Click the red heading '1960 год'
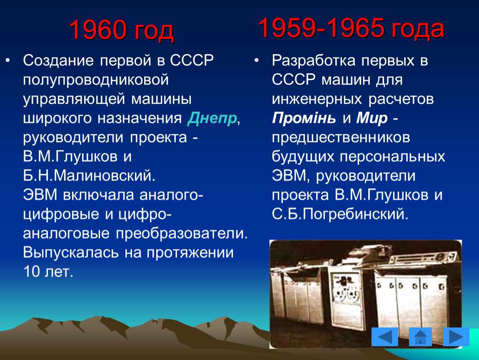121,30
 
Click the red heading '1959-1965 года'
351,28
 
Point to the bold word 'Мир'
372,118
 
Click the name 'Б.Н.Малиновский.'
89,175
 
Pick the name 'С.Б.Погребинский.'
340,214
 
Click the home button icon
420,337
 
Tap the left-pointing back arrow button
384,337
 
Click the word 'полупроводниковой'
96,80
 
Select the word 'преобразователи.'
182,233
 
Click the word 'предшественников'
341,137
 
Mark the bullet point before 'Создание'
7,60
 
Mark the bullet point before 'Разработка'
257,60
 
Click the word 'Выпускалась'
70,253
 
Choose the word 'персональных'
392,157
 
